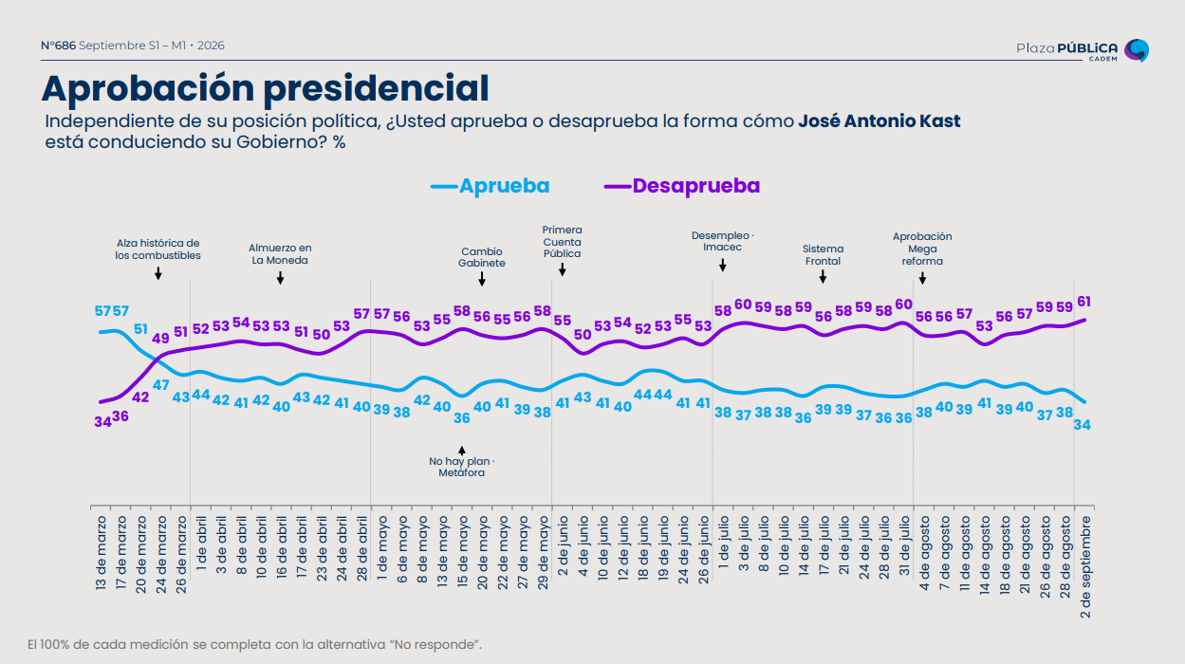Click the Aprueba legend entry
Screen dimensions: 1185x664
[491, 186]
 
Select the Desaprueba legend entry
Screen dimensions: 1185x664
[682, 186]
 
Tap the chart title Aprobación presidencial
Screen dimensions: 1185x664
[265, 88]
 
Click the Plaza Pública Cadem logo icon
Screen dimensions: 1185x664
[1137, 50]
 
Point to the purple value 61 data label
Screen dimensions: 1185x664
[1084, 302]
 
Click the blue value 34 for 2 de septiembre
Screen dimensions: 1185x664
[1082, 424]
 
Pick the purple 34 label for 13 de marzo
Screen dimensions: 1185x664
[102, 422]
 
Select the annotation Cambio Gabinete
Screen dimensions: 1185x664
[481, 257]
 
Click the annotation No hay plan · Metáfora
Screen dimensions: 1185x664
[461, 467]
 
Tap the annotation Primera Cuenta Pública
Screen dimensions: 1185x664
[562, 242]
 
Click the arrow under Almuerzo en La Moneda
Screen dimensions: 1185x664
[281, 278]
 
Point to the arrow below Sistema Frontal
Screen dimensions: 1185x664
[823, 276]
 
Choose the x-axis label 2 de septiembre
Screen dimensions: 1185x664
[1085, 567]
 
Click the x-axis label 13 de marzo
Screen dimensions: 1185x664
[101, 553]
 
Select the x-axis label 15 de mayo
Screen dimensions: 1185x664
[462, 552]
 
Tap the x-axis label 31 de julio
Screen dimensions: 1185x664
[904, 546]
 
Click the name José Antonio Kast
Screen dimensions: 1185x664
[879, 121]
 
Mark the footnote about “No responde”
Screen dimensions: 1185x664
[254, 644]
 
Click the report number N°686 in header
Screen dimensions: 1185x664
[58, 46]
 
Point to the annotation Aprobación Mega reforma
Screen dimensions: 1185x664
[922, 249]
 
